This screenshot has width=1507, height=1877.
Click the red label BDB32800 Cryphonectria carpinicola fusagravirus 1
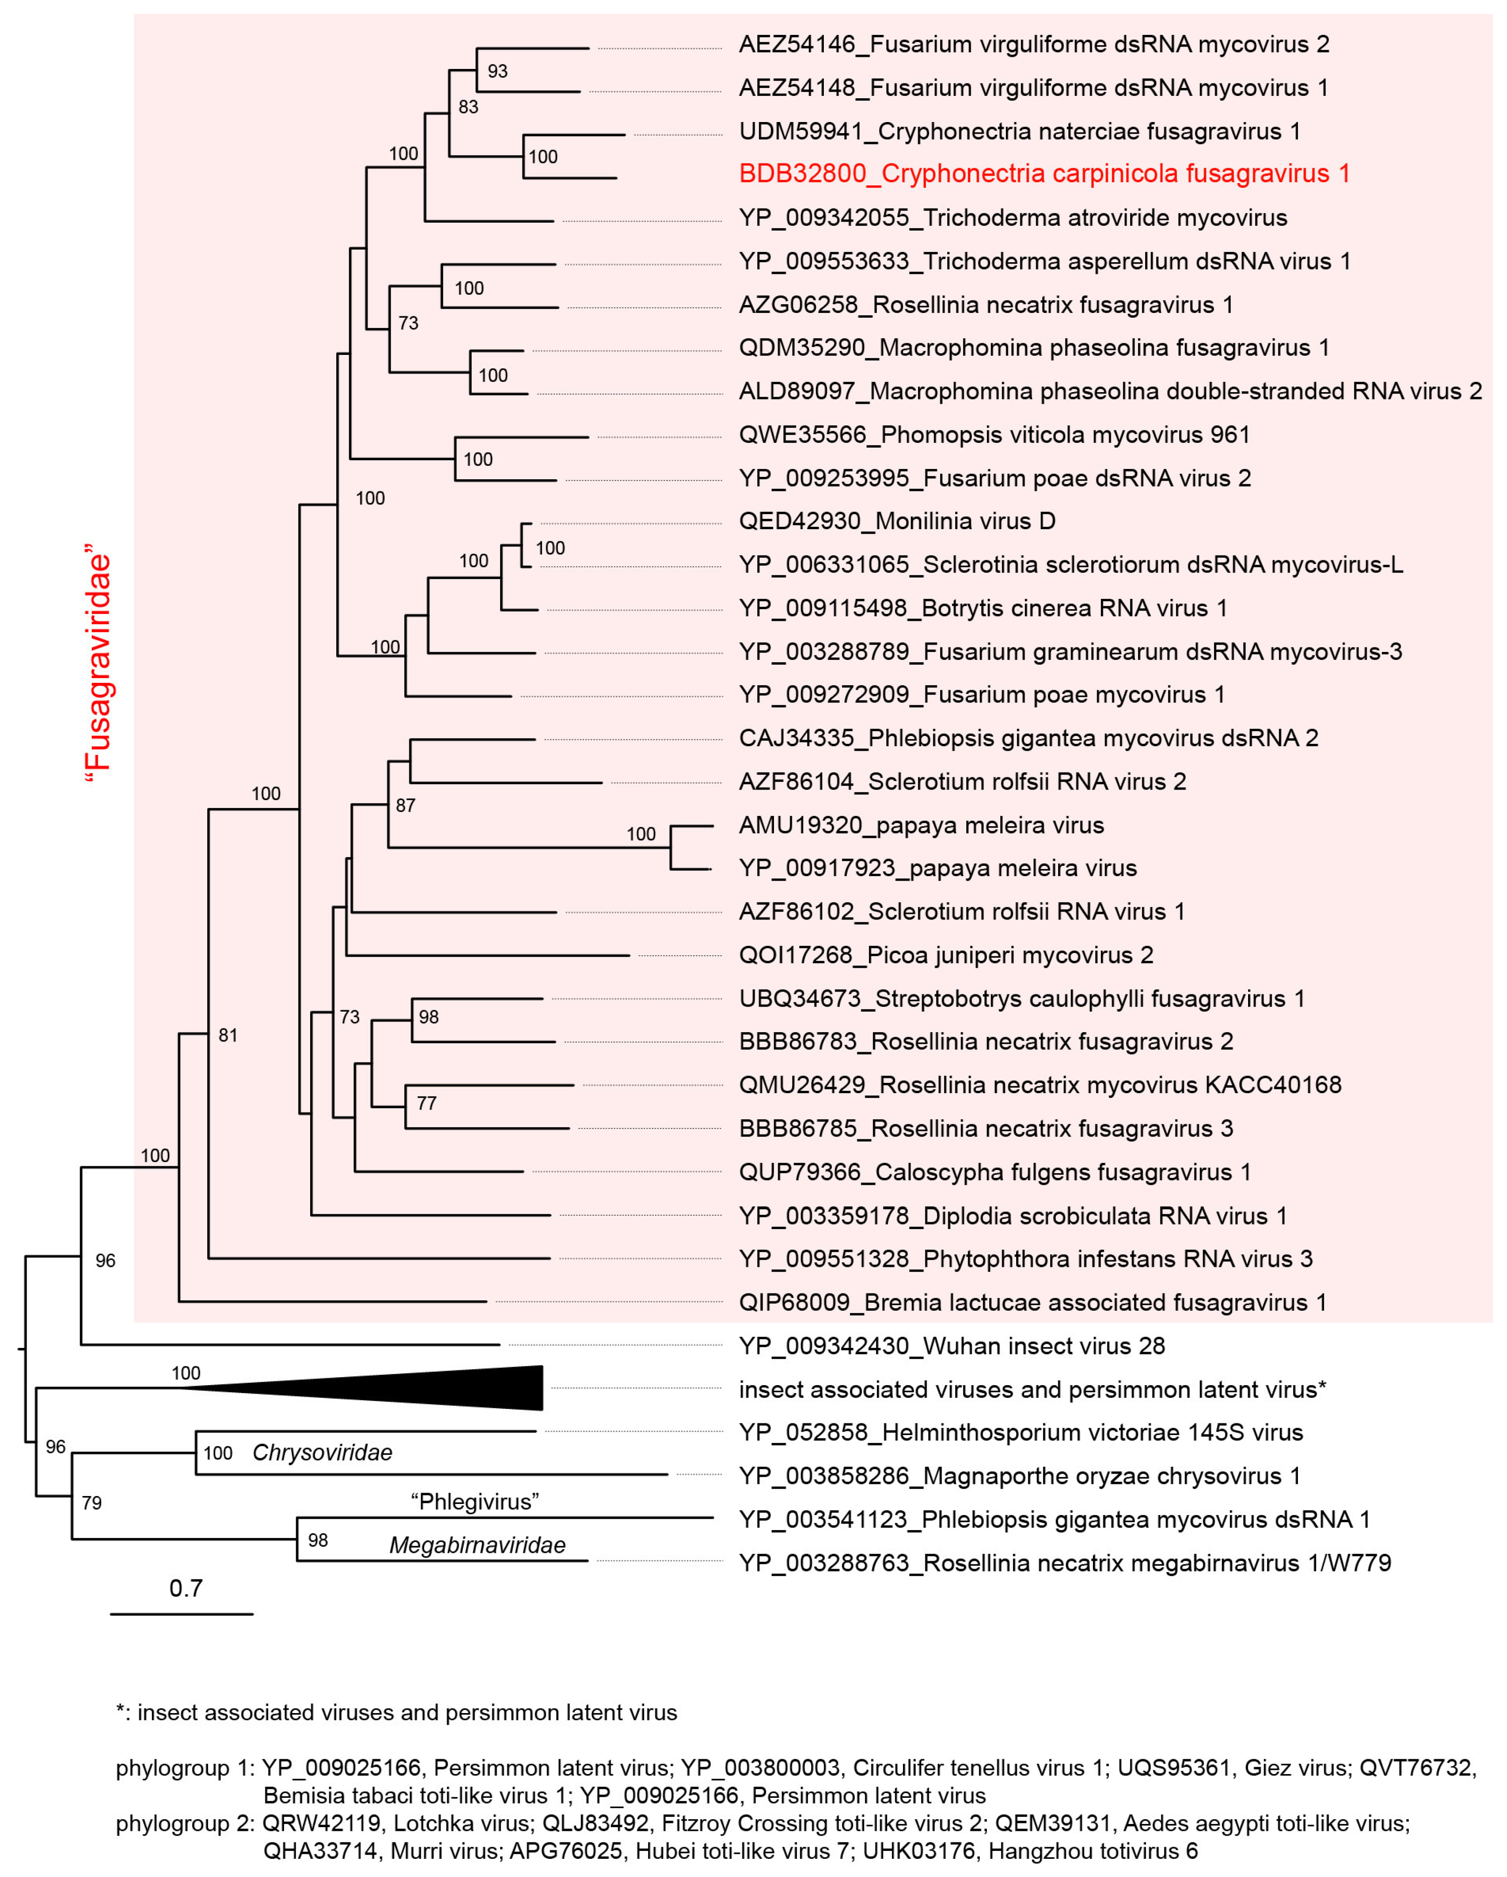click(x=1044, y=173)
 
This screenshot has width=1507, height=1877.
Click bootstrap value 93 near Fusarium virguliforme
click(x=497, y=71)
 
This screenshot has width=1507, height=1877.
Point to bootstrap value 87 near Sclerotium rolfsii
click(x=406, y=805)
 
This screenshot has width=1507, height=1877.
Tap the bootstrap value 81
click(x=228, y=1035)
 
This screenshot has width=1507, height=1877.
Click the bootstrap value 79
click(x=91, y=1503)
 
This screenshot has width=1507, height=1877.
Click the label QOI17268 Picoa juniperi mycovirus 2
click(x=945, y=955)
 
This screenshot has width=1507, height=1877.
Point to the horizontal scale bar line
click(x=181, y=1614)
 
